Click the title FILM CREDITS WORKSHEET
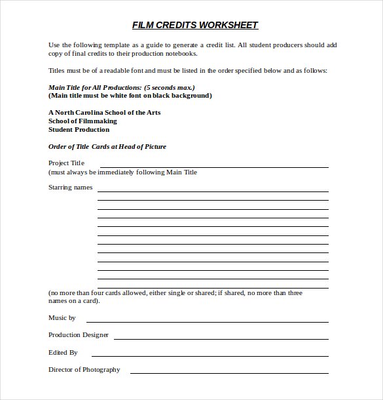pos(195,26)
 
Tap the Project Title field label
pos(67,163)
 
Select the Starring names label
pos(71,188)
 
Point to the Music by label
pos(62,317)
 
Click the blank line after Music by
pos(207,321)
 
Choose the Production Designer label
pos(79,335)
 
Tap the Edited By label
pos(63,352)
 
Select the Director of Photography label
pos(84,370)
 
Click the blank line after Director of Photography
pos(229,373)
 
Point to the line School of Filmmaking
pos(82,121)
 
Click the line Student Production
pos(79,130)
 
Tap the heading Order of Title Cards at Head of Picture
pos(107,147)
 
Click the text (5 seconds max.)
pos(169,87)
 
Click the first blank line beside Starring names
pos(213,191)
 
